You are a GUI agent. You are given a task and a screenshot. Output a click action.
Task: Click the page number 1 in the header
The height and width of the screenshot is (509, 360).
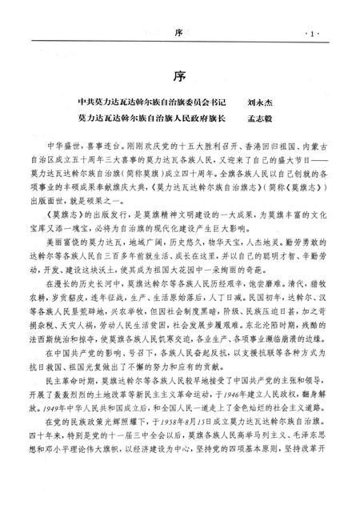[x=311, y=34]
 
